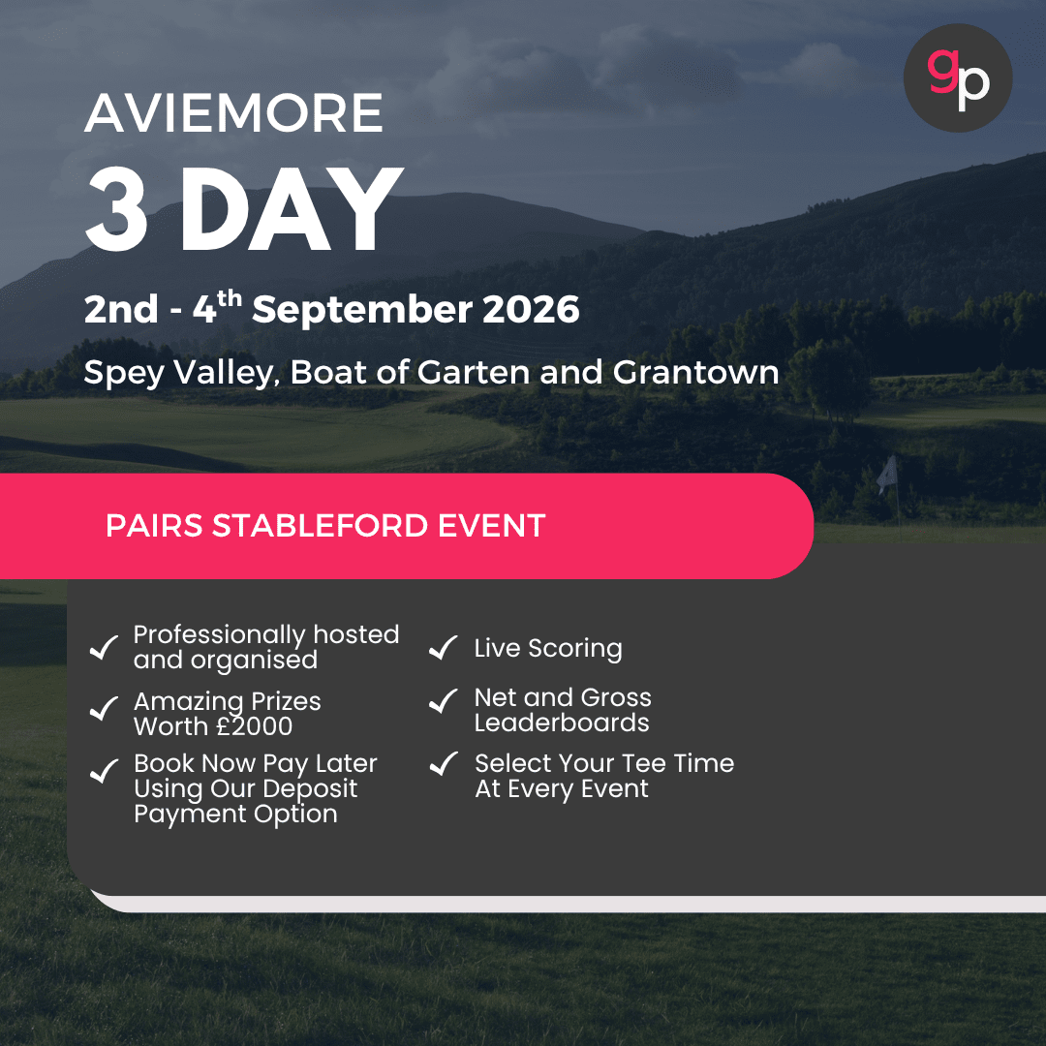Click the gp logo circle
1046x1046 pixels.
point(957,78)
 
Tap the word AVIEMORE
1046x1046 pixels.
point(233,113)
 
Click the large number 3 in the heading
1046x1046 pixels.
point(116,210)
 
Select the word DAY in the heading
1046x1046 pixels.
point(291,210)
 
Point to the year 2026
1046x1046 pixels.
point(532,310)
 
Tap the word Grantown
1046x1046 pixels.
point(696,372)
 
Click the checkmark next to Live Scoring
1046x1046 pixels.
point(443,648)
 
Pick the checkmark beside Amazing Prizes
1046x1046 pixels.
point(104,710)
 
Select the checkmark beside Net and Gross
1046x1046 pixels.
point(443,701)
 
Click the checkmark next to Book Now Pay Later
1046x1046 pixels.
point(104,771)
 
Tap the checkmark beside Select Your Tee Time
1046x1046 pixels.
point(443,764)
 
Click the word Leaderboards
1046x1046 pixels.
point(562,723)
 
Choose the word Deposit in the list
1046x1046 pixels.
point(308,789)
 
